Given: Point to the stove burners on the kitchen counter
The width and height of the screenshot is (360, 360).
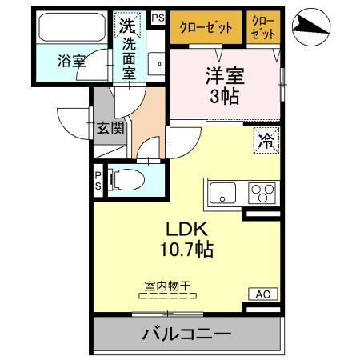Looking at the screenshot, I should click(x=262, y=193).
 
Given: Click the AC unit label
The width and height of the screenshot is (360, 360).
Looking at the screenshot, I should click(x=262, y=294).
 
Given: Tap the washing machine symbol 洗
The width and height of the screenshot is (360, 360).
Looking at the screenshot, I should click(x=127, y=25).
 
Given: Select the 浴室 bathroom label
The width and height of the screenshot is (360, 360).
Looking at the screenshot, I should click(x=71, y=60).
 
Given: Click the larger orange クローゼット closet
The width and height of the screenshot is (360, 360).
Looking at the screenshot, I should click(x=205, y=26).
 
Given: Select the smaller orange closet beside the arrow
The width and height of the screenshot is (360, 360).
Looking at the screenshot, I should click(x=262, y=26).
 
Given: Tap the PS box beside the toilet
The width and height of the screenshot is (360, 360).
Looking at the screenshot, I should click(x=98, y=180).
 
